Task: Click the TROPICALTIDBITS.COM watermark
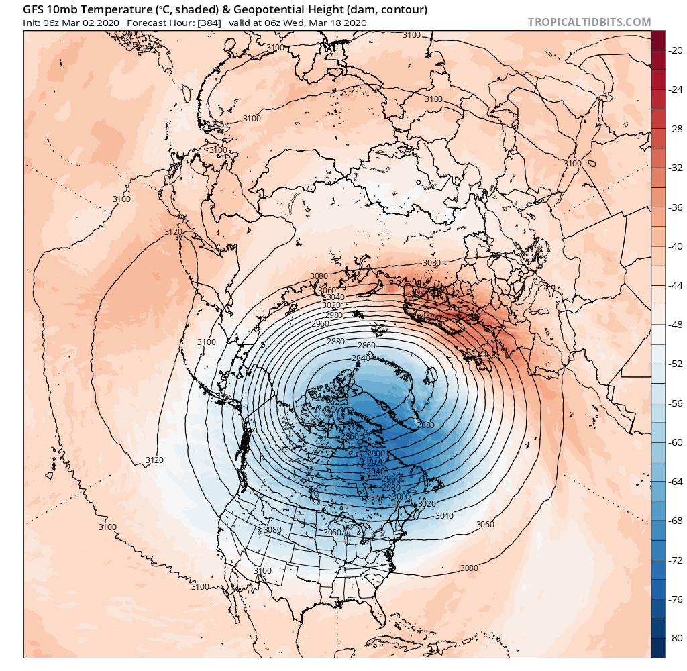[589, 22]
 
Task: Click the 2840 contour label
[361, 358]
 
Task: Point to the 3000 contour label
[401, 496]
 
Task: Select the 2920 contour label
[377, 463]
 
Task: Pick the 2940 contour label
[377, 472]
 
